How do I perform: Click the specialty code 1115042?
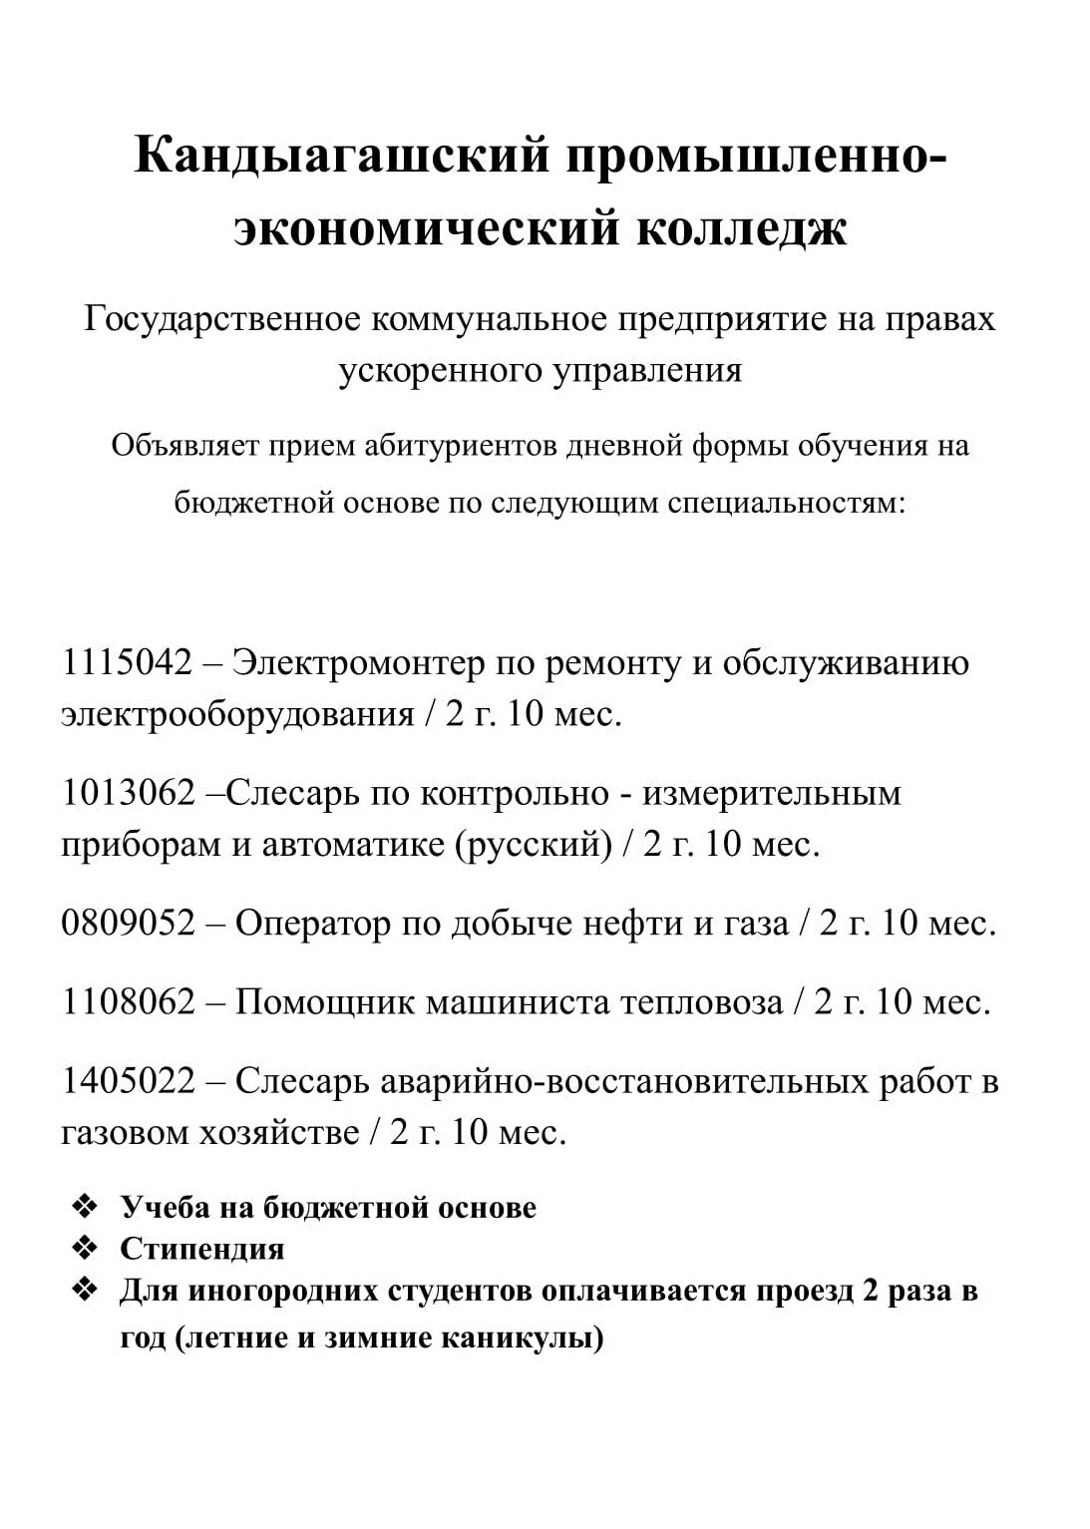tap(127, 662)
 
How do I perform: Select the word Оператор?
tap(313, 924)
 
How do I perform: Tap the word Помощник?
tap(326, 1001)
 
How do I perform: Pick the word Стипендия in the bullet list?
tap(202, 1249)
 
